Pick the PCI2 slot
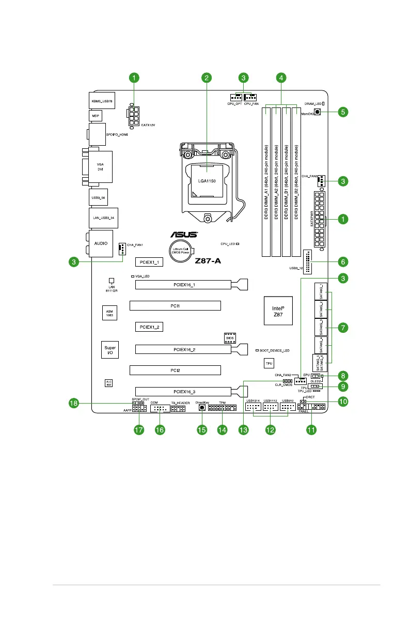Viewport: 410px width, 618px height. (x=175, y=370)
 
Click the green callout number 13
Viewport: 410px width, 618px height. (x=244, y=429)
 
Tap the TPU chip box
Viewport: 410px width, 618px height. (x=269, y=364)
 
